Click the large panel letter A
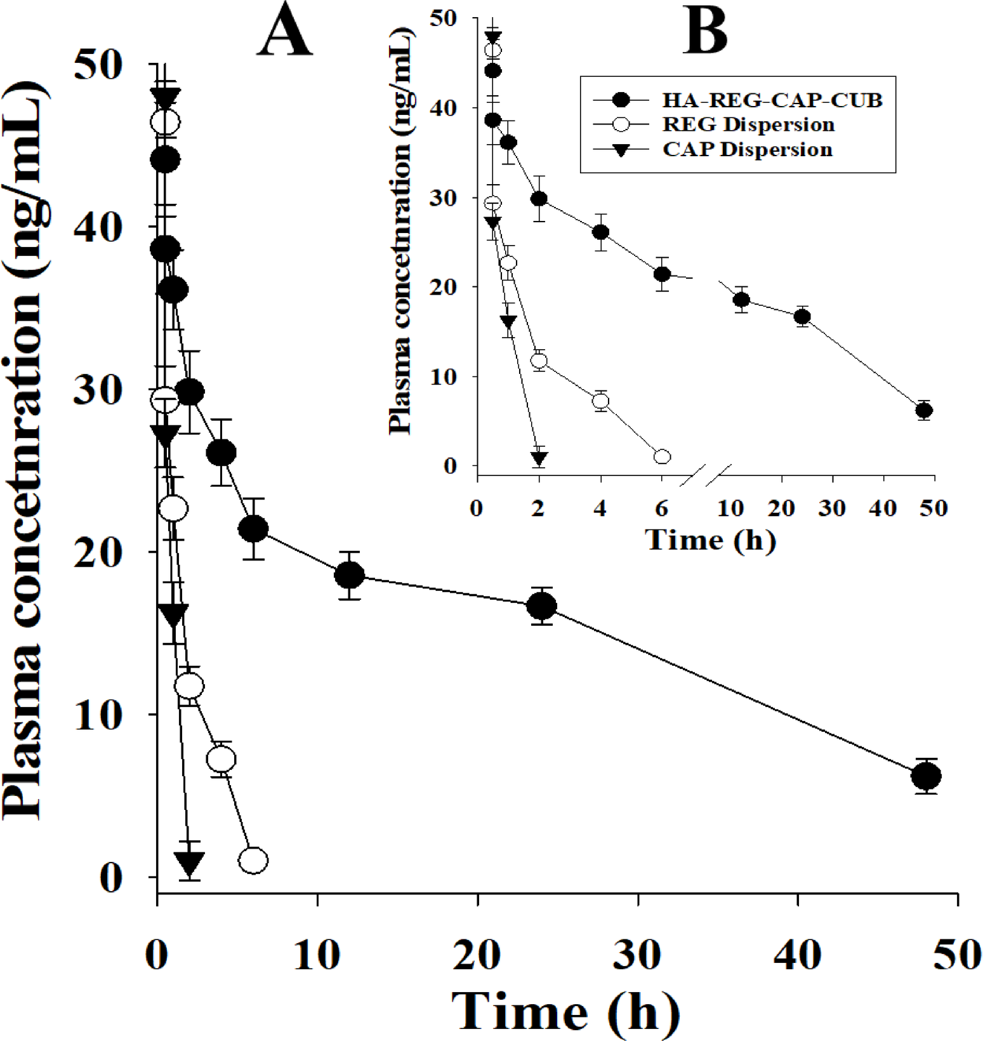coord(284,36)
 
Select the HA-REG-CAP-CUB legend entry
coord(772,100)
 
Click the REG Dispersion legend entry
coord(748,124)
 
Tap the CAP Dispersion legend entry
coord(747,150)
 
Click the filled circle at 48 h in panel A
coord(926,776)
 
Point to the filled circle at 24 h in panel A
coord(542,606)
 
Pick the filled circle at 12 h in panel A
coord(349,575)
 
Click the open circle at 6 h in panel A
coord(253,861)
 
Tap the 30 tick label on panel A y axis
coord(98,390)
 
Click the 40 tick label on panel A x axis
coord(798,954)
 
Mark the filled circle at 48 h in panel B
coord(924,411)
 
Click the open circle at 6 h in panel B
coord(662,456)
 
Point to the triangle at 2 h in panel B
coord(539,458)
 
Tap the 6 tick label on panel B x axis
coord(662,508)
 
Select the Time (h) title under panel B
coord(710,540)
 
